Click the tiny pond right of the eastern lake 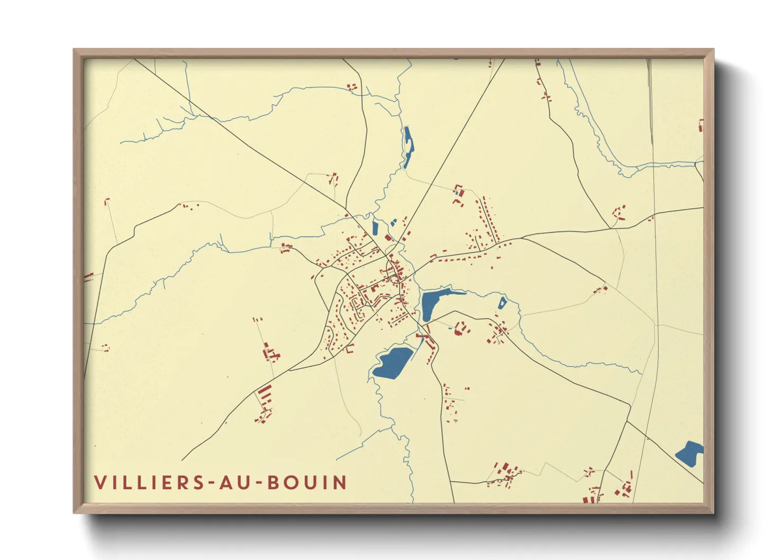point(502,303)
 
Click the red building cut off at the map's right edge point(701,126)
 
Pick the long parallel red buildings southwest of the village point(265,394)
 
